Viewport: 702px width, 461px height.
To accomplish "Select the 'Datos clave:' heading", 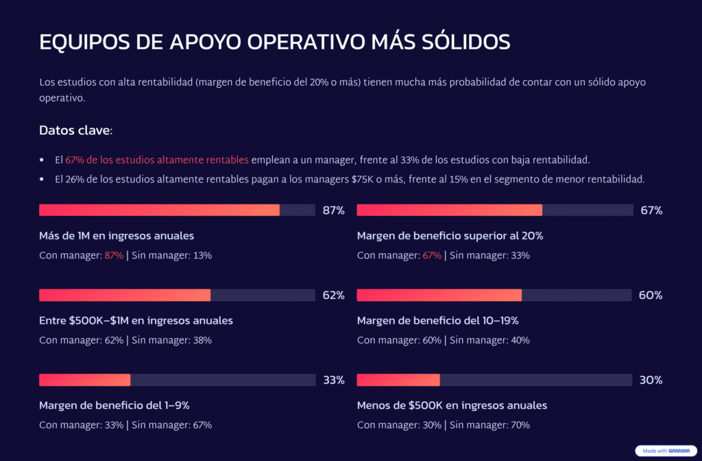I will tap(75, 130).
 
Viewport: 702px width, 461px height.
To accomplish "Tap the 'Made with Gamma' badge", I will tap(661, 451).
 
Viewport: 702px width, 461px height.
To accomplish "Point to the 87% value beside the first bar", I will tap(333, 211).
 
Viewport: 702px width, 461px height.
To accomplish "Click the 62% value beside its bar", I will tap(333, 296).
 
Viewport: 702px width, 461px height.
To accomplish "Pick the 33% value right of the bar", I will tap(333, 380).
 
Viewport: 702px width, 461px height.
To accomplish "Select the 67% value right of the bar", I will tap(651, 211).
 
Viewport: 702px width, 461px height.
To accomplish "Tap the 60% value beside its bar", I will tap(651, 296).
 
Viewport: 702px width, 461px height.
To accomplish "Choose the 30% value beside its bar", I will tap(651, 380).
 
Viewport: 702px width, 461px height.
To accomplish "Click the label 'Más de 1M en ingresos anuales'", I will tap(117, 235).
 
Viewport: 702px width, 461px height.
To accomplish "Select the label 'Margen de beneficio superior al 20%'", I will tap(450, 235).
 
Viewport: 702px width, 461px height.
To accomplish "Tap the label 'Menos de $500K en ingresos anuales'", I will tap(452, 405).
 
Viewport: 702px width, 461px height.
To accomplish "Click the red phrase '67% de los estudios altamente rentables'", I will tap(157, 160).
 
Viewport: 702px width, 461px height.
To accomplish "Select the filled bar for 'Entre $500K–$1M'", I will tap(125, 295).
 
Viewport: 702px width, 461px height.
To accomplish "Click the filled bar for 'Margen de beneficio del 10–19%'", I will tap(439, 295).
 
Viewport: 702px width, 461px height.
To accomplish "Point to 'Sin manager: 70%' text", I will tap(489, 425).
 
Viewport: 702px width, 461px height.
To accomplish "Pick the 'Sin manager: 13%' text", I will tap(171, 255).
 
